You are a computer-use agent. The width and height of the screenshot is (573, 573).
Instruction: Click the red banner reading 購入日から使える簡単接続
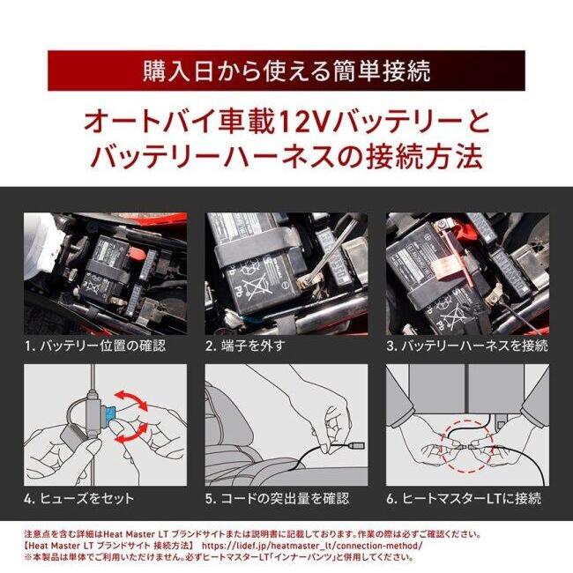(286, 71)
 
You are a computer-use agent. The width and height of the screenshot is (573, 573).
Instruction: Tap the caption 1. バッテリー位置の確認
(95, 346)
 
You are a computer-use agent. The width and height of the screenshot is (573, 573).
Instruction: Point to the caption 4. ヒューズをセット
(79, 499)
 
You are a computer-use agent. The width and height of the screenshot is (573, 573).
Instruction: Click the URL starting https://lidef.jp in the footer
(312, 546)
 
